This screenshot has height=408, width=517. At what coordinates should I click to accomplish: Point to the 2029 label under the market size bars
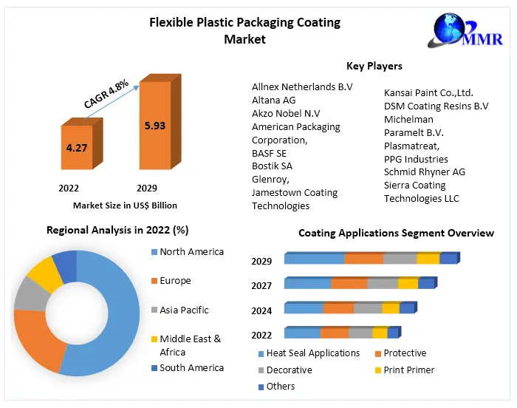[x=147, y=188]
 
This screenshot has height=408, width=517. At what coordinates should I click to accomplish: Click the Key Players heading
[x=374, y=66]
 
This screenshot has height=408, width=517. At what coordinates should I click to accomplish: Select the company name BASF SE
[x=269, y=153]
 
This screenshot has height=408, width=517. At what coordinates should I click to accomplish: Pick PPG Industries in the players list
[x=416, y=159]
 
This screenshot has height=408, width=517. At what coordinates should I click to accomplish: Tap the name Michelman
[x=408, y=119]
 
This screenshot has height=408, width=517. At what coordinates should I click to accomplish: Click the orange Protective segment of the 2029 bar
[x=364, y=258]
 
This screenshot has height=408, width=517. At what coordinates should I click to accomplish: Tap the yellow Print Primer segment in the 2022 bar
[x=380, y=333]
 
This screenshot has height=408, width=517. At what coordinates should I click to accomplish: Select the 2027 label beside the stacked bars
[x=261, y=285]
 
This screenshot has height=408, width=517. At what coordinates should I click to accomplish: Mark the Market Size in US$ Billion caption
[x=126, y=205]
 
